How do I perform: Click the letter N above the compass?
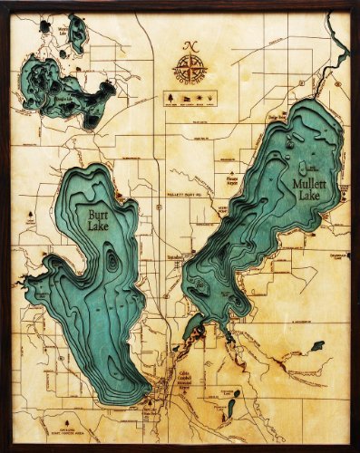[x=190, y=46]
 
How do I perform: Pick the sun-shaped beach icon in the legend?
[x=211, y=93]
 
